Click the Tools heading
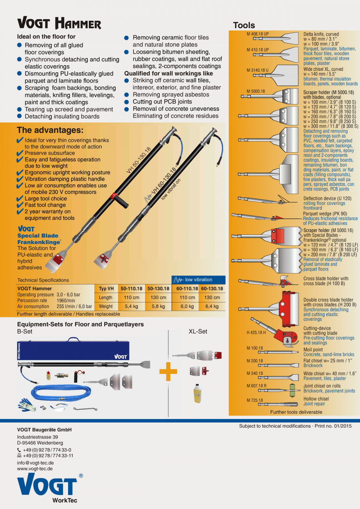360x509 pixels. coord(244,25)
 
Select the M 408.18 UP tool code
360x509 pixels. coord(257,34)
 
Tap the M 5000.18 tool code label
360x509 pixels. coord(256,91)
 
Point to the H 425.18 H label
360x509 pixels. coord(256,333)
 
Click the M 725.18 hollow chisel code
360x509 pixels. coord(255,400)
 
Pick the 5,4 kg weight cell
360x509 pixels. coord(131,306)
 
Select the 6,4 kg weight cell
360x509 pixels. coord(212,306)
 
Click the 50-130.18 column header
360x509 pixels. coord(158,289)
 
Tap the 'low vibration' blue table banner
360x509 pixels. coord(198,280)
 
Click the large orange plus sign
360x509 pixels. coord(168,371)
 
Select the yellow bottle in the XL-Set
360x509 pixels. coord(197,393)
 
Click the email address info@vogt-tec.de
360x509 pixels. coord(35,462)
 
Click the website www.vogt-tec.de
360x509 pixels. coord(35,468)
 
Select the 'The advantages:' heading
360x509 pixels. coord(50,130)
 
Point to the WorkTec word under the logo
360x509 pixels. coord(65,500)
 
